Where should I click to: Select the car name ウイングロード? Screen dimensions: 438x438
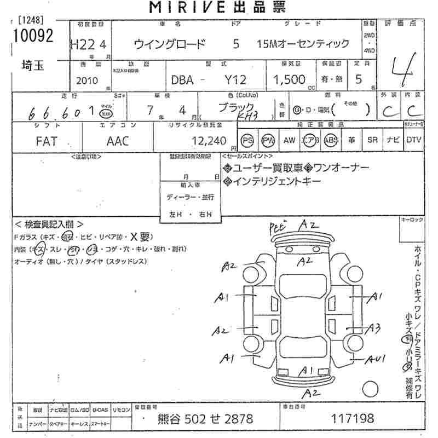170,44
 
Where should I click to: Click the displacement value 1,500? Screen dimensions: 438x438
289,79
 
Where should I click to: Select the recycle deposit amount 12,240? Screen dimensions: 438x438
209,141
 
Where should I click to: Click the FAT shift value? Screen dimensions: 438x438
46,141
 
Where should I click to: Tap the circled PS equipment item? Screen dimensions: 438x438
248,140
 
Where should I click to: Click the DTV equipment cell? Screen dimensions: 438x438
414,140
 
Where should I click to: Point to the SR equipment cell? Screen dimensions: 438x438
372,140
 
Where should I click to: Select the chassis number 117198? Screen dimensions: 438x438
353,419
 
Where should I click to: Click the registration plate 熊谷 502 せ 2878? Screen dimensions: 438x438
205,419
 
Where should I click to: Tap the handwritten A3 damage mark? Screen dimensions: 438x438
374,328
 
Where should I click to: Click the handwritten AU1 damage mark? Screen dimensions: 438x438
377,359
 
